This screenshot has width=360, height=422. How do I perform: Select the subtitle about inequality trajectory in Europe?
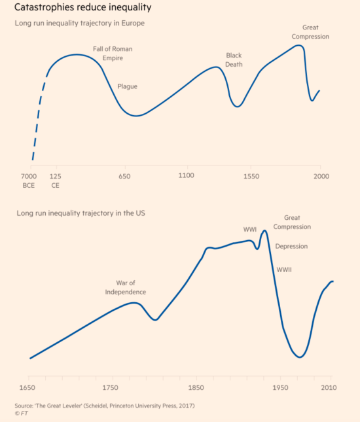[x=79, y=24]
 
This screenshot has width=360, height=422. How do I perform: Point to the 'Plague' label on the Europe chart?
[x=127, y=86]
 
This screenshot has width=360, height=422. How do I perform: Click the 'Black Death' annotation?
[x=234, y=60]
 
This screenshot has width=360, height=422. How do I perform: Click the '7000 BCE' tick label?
[x=29, y=181]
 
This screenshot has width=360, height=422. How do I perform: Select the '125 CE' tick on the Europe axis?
[x=56, y=181]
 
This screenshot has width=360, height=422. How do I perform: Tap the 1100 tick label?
[x=186, y=176]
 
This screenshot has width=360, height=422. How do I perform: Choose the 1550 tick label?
[x=251, y=176]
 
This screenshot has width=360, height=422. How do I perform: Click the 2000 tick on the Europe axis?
[x=320, y=176]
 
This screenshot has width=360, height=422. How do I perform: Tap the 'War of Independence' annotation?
[x=126, y=287]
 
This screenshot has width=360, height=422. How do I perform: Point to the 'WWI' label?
[x=250, y=230]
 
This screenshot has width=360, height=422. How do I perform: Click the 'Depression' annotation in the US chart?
[x=291, y=247]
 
